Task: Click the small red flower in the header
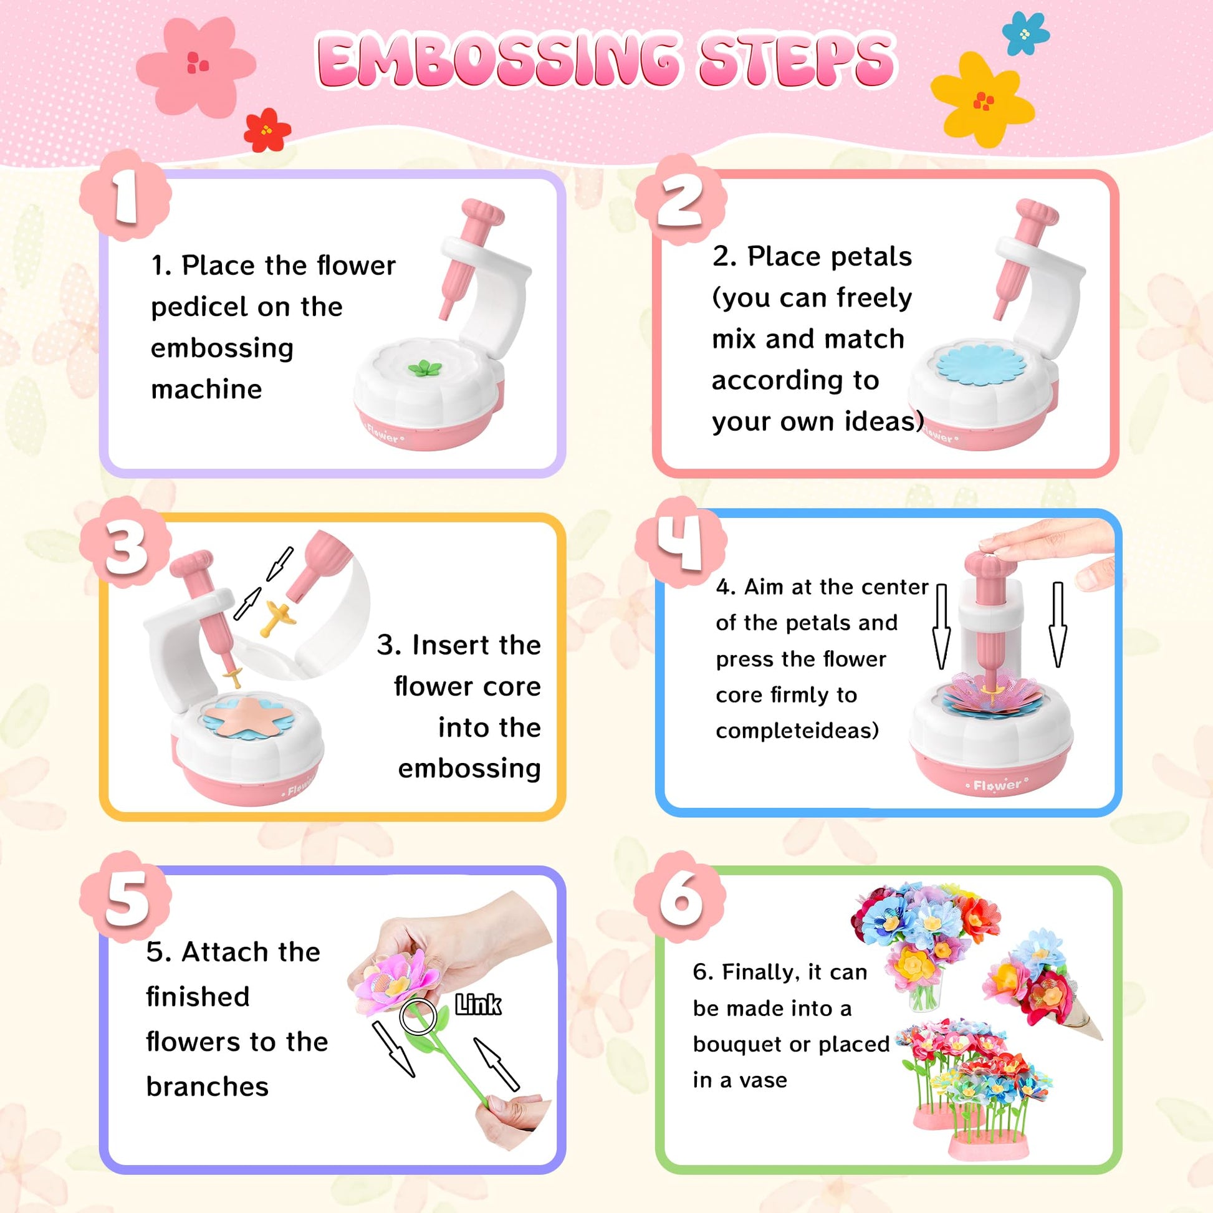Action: [267, 130]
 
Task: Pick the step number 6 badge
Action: [681, 898]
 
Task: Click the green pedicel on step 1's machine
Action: [425, 368]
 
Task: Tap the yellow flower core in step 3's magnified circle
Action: [277, 616]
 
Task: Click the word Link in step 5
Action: [478, 1005]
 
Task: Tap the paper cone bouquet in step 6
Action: [1043, 986]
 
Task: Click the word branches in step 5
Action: [208, 1087]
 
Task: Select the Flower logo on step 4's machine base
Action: [998, 785]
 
